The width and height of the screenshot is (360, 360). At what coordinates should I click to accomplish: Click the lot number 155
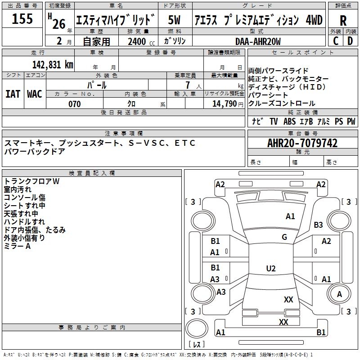22,18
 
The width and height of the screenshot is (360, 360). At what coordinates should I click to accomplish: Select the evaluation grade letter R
343,21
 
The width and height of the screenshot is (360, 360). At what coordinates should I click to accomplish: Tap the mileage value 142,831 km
53,65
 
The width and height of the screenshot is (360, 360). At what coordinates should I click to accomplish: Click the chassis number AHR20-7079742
302,143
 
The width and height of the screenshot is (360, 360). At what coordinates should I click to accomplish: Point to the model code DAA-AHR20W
258,41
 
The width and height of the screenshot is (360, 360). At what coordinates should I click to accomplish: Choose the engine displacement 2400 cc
141,41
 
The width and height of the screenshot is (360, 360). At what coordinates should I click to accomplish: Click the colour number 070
75,104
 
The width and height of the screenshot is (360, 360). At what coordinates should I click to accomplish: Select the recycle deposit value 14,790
224,104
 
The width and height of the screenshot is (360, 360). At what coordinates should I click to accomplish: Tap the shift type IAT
13,94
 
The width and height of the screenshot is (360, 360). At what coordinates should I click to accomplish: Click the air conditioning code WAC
35,94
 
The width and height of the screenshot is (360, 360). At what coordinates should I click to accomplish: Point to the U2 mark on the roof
271,268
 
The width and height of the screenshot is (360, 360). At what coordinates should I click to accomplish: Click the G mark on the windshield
284,237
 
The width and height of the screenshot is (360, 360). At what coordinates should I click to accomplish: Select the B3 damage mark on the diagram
318,225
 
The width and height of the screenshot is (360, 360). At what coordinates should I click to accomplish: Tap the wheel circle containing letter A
339,294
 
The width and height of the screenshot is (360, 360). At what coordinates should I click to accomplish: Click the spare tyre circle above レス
197,328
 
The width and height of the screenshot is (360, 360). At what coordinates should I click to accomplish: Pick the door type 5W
174,20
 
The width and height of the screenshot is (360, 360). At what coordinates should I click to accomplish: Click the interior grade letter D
350,41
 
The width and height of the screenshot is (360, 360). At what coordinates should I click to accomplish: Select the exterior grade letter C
336,41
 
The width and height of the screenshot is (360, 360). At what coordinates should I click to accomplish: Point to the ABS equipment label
289,121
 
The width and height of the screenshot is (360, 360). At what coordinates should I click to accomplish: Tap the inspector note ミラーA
17,246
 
